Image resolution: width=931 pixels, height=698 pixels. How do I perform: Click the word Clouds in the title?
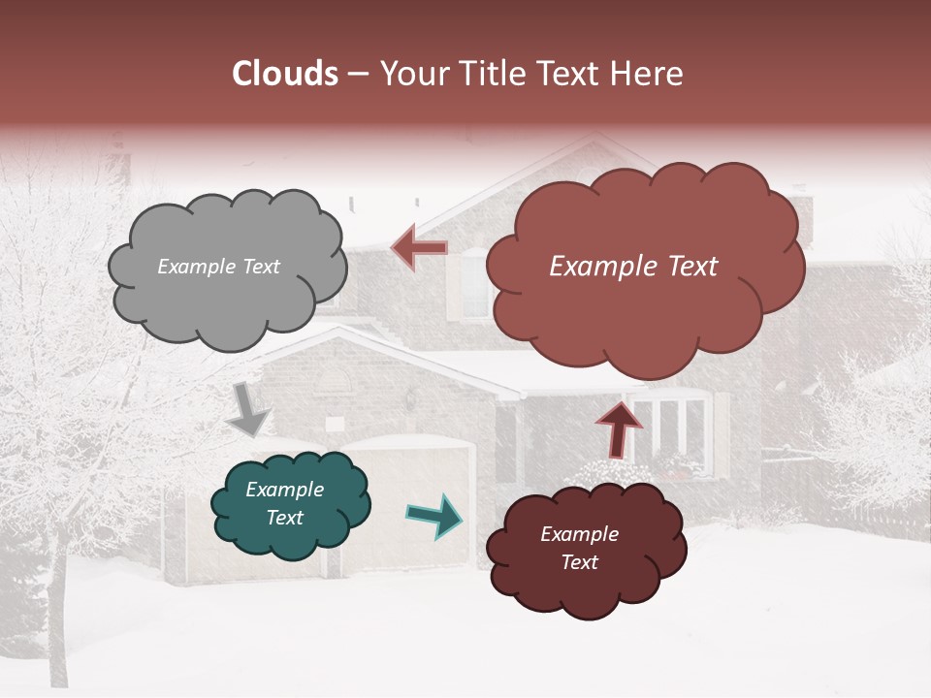click(285, 74)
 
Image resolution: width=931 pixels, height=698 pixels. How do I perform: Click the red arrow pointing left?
click(420, 248)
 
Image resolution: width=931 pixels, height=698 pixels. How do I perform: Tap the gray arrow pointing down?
click(249, 411)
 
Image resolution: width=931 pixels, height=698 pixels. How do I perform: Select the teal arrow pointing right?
click(435, 516)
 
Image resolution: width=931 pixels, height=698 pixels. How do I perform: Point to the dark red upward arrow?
click(619, 428)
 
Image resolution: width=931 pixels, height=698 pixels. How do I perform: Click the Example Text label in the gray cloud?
click(218, 267)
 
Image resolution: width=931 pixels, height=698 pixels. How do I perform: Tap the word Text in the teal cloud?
click(284, 518)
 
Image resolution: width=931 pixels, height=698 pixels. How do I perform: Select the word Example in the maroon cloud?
click(579, 534)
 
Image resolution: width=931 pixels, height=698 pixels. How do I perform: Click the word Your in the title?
click(408, 74)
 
